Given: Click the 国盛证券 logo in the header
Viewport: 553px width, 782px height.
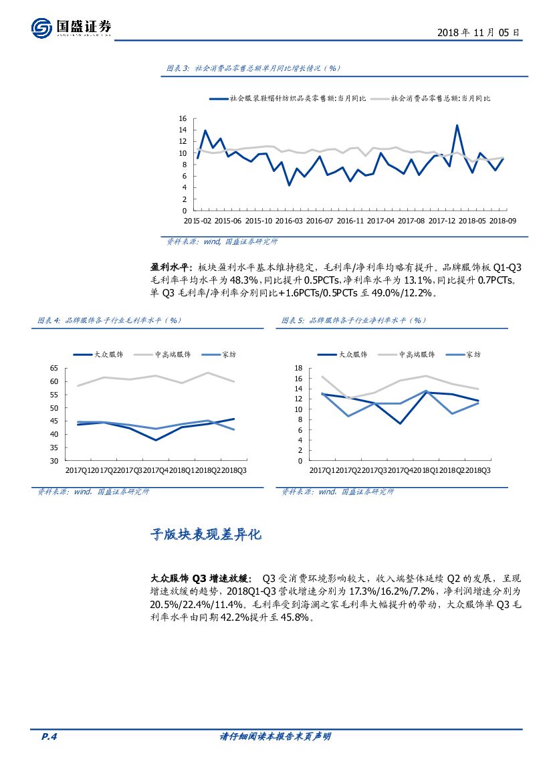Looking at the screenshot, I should [71, 28].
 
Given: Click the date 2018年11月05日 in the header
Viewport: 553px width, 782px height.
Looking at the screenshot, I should [478, 32].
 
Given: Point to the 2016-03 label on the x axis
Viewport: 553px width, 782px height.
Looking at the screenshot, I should [290, 220].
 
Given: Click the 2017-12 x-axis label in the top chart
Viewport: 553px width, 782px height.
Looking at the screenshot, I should [442, 220].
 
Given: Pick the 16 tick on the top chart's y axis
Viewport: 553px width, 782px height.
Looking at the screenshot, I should [183, 119].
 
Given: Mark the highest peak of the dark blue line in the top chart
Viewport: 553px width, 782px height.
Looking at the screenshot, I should [457, 125].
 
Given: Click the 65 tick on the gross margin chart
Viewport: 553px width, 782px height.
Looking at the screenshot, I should [54, 369].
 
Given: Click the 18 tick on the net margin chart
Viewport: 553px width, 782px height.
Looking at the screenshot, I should [299, 368].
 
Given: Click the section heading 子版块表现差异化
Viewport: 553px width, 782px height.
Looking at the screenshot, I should [205, 535].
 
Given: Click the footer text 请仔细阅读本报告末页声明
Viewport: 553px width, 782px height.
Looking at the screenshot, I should [275, 737].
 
